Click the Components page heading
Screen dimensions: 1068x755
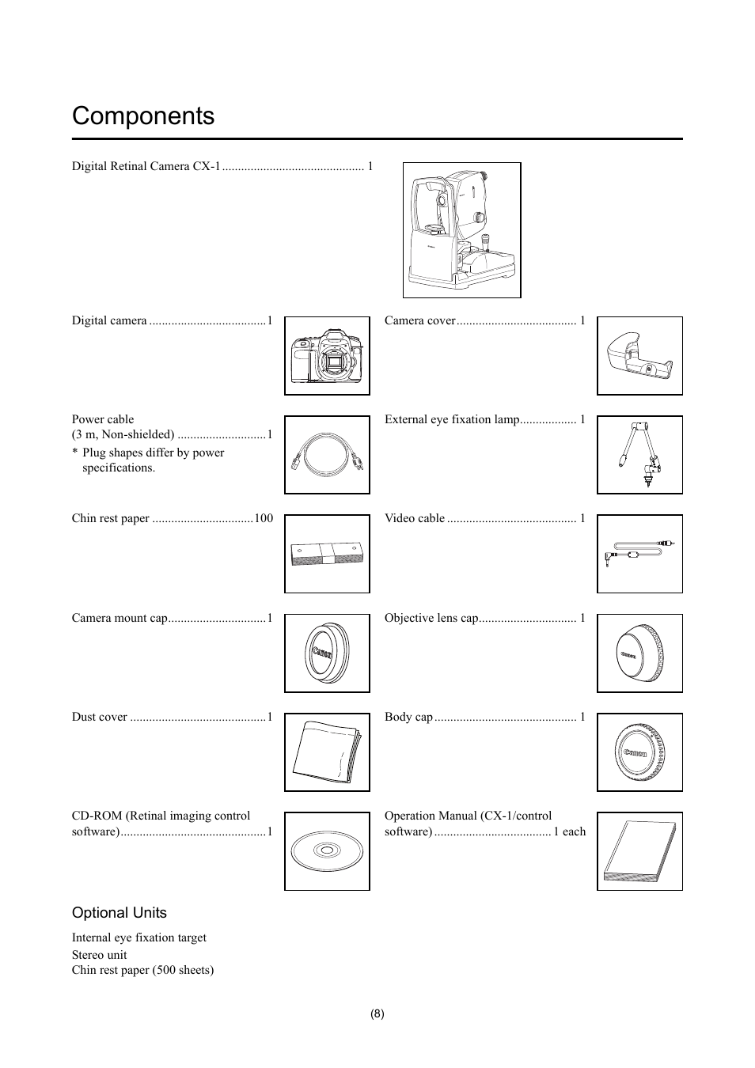tap(143, 116)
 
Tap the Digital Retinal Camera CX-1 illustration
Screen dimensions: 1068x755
tap(461, 230)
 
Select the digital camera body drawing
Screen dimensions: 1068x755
tap(327, 356)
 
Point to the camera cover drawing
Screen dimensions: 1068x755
tap(639, 356)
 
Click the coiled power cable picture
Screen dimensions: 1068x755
tap(327, 455)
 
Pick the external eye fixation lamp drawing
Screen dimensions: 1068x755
tap(639, 455)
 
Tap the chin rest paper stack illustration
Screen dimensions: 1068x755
tap(327, 554)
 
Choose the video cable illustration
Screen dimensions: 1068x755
tap(639, 554)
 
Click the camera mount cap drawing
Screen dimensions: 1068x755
tap(327, 653)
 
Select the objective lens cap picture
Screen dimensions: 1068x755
tap(639, 653)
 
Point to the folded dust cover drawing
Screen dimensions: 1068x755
tap(327, 752)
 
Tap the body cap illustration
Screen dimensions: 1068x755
tap(639, 752)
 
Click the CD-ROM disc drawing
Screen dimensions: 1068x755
tap(327, 851)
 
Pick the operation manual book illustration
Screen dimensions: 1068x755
tap(639, 851)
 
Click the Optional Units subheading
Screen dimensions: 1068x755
tap(120, 913)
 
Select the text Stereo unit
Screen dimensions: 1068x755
tap(99, 955)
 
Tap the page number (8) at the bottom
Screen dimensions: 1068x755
tap(377, 1014)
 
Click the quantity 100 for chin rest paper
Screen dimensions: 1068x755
tap(264, 519)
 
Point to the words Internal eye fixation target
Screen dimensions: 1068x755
tap(139, 937)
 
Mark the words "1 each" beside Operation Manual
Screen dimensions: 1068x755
tap(570, 831)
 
